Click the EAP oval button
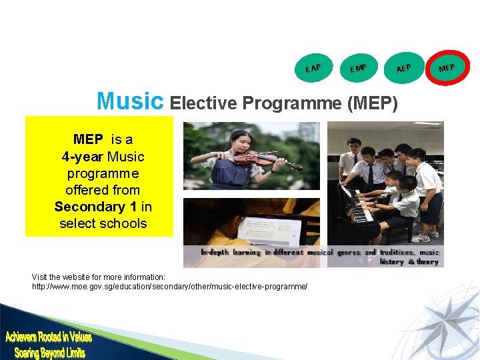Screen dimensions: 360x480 tap(313, 67)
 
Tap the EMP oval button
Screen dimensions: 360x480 tap(359, 67)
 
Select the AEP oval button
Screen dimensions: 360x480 tap(403, 67)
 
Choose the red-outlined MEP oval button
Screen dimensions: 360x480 tap(447, 67)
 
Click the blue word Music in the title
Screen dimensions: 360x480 tap(129, 101)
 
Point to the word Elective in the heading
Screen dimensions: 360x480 tap(203, 103)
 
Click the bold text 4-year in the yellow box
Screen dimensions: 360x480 tap(81, 157)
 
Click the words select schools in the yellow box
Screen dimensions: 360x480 tap(103, 223)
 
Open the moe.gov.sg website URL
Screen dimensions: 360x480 tap(170, 286)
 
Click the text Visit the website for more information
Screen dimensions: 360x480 tap(99, 277)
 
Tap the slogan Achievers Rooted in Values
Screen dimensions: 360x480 tap(49, 338)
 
